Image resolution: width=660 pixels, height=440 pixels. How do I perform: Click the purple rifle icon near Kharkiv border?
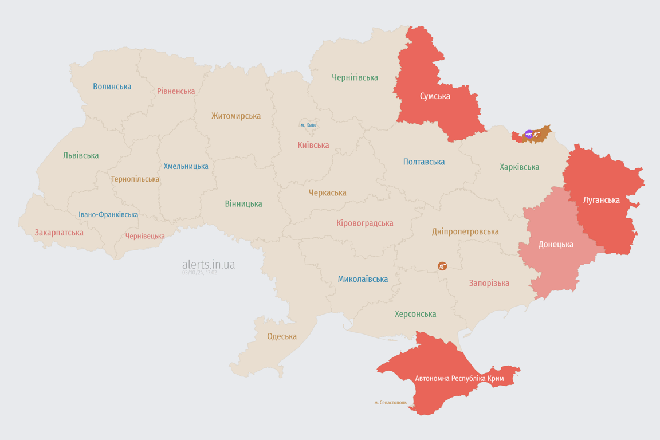point(529,135)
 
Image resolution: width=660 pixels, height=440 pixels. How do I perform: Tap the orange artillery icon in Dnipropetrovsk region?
point(442,266)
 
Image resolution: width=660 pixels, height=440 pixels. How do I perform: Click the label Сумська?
point(435,96)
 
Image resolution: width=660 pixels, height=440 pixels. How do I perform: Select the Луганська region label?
point(601,200)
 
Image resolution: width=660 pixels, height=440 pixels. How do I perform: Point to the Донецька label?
point(555,245)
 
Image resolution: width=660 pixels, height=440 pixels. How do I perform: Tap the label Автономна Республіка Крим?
point(459,379)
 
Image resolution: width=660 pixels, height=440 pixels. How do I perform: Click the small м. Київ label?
point(308,125)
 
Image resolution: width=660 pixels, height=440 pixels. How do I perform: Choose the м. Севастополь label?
point(390,403)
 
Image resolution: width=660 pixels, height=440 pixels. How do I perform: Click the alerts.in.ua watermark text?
point(208,265)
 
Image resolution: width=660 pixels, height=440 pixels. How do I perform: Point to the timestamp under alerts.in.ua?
point(199,273)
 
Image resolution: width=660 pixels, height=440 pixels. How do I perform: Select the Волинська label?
point(112,87)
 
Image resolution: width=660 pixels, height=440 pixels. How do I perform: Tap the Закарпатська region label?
point(59,233)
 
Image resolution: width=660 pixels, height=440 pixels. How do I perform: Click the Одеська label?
point(282,336)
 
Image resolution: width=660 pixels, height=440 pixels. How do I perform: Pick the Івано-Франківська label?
point(108,215)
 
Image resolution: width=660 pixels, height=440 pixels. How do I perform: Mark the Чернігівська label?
point(355,77)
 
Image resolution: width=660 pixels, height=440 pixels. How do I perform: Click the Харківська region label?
point(519,167)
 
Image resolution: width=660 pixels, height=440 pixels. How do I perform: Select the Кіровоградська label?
point(364,223)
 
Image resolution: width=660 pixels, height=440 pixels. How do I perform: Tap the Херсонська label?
point(415,314)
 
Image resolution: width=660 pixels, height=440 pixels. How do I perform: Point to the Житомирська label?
point(235,116)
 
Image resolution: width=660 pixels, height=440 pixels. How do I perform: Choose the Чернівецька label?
point(145,236)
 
